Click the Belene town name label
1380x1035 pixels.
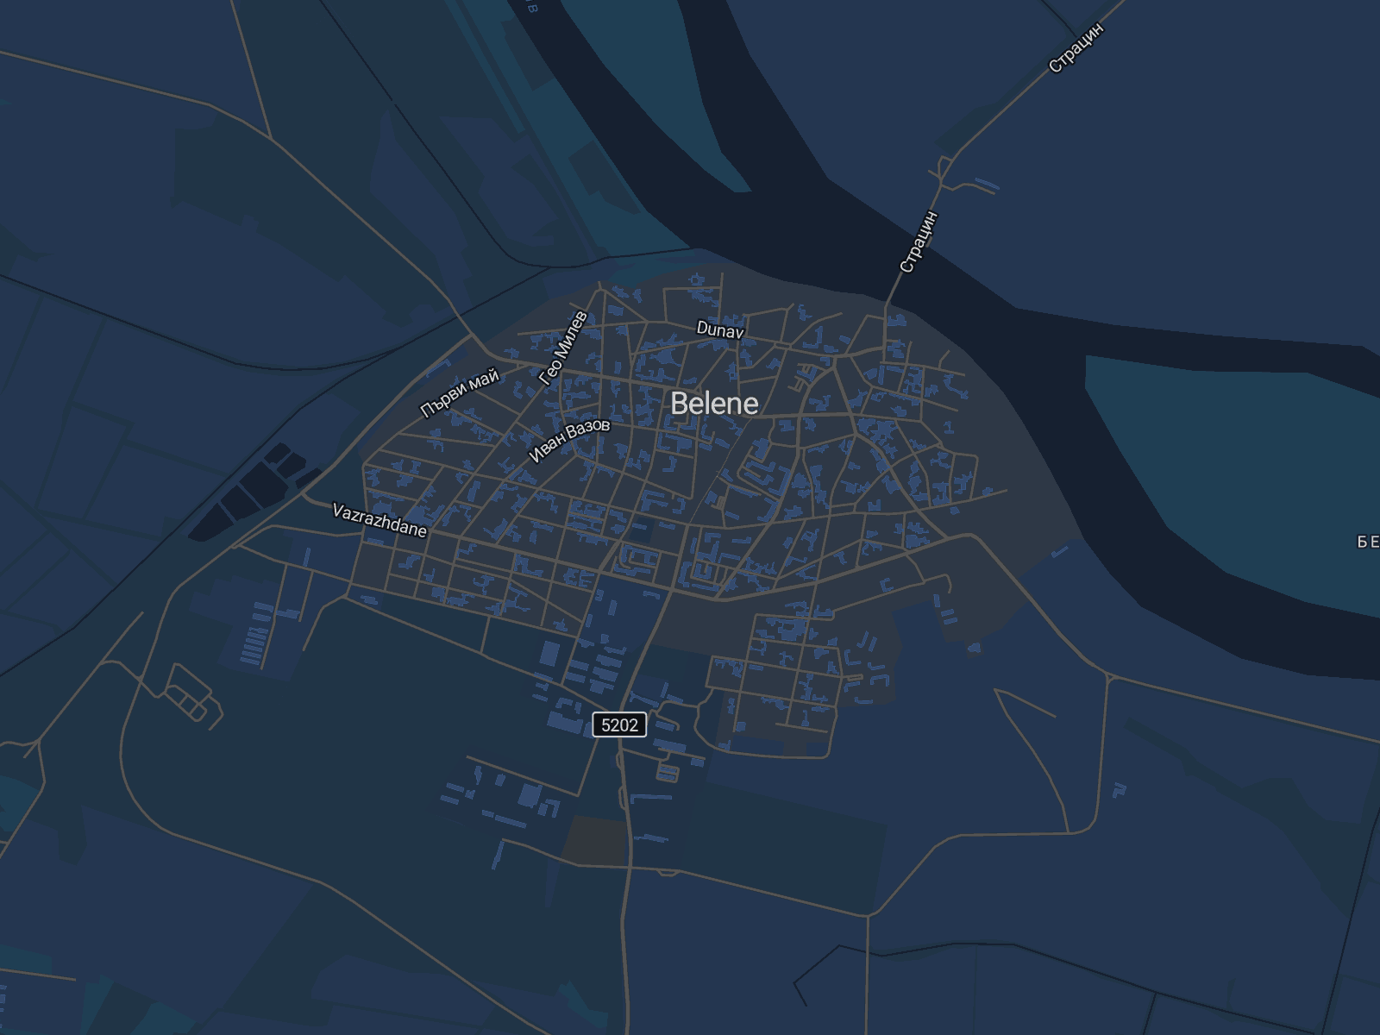pos(714,404)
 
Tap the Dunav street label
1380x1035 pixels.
pos(720,329)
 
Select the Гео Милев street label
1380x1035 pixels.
pos(562,348)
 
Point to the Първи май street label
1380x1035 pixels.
pos(460,393)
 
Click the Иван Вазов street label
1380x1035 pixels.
pos(569,440)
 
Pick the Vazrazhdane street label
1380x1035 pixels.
pos(379,521)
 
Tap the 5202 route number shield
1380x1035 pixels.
pos(619,724)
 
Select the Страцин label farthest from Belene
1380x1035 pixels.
pos(1076,47)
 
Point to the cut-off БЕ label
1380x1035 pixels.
pos(1368,542)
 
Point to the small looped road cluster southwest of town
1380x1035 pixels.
pos(190,694)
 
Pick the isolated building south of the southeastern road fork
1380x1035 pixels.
pos(1120,788)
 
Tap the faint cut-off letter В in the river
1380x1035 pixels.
pos(531,7)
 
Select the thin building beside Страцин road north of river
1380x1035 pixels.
pos(987,184)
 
